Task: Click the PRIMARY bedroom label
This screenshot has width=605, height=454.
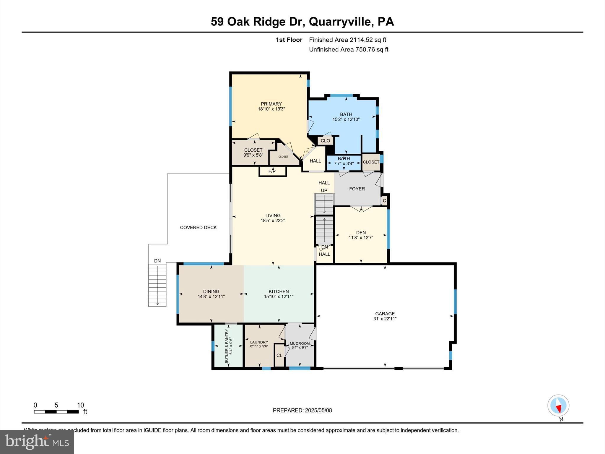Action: click(x=271, y=104)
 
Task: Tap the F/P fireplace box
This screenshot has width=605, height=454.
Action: click(x=272, y=171)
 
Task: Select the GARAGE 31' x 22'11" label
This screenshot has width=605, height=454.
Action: click(x=385, y=316)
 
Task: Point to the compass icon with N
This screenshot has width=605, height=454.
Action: click(x=558, y=406)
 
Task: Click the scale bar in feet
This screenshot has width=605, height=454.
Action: click(x=56, y=412)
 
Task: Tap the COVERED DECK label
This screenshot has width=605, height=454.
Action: click(x=198, y=228)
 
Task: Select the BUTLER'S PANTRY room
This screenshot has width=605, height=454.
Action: click(x=228, y=346)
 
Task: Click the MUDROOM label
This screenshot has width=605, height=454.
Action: click(x=300, y=343)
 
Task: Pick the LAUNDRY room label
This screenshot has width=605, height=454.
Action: click(x=259, y=342)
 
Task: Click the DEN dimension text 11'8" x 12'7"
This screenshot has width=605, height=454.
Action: click(x=361, y=238)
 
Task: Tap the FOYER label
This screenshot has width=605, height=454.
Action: click(x=357, y=189)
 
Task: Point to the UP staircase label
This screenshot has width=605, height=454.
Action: click(x=324, y=191)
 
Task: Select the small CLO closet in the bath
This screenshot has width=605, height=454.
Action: click(x=325, y=141)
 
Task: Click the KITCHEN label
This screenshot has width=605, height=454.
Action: click(x=279, y=291)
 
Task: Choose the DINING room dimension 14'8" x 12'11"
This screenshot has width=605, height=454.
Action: click(x=211, y=296)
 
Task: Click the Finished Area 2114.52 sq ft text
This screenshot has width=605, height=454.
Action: click(x=347, y=40)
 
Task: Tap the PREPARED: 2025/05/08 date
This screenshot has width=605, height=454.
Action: click(x=302, y=410)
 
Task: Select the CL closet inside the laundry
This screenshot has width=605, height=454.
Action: click(x=279, y=356)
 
